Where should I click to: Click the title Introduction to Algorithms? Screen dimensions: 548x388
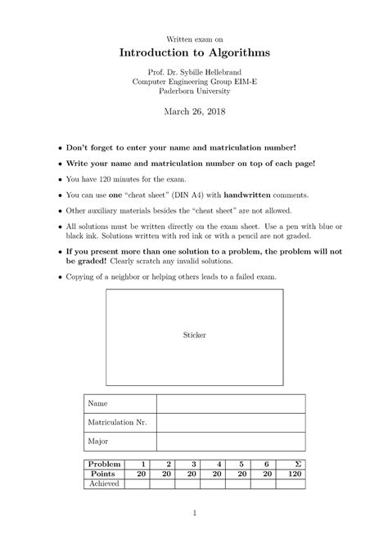194,52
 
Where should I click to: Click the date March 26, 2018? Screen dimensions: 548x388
194,112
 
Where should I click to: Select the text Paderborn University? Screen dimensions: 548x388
194,92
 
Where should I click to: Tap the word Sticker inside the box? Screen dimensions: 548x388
194,335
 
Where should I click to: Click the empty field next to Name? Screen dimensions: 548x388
230,403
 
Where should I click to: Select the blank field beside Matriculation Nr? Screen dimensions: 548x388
230,422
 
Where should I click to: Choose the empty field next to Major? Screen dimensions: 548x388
230,441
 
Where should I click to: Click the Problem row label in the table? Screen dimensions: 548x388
105,464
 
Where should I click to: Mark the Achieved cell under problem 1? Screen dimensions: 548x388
138,483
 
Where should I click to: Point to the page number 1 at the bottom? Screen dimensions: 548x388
194,514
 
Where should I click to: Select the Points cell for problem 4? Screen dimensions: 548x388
214,474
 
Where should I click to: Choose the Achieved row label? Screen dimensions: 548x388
105,483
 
